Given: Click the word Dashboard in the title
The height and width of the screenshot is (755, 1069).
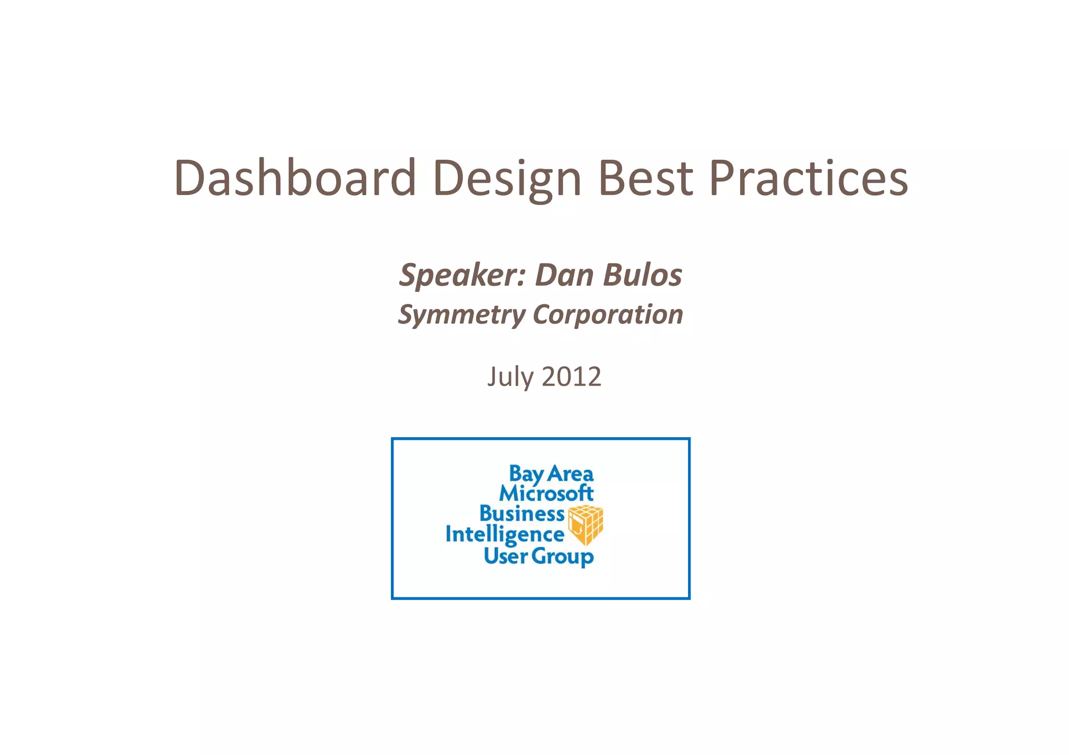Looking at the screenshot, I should tap(295, 178).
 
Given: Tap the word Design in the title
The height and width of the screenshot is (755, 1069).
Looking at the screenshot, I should tap(507, 178).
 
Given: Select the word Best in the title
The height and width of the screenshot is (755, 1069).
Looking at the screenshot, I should tap(646, 178).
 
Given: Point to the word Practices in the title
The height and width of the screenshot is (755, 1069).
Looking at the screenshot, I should tap(808, 178).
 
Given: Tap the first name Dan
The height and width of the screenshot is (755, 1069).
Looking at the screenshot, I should tap(564, 275).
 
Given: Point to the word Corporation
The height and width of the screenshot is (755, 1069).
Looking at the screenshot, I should tap(608, 315).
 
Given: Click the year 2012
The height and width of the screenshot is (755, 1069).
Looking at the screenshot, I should tap(572, 377).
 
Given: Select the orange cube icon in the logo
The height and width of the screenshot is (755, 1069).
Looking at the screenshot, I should tap(586, 525).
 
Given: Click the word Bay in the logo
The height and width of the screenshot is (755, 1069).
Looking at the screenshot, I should tap(526, 474).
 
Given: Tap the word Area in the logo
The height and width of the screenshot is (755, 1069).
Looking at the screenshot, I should tap(571, 474).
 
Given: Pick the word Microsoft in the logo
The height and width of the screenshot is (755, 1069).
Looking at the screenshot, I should tap(546, 493).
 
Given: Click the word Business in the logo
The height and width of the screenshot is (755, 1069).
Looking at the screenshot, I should tap(521, 513).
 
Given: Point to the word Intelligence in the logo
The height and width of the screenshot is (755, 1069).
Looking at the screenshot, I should tap(505, 535).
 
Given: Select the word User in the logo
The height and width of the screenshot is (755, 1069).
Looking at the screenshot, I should tap(505, 556).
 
